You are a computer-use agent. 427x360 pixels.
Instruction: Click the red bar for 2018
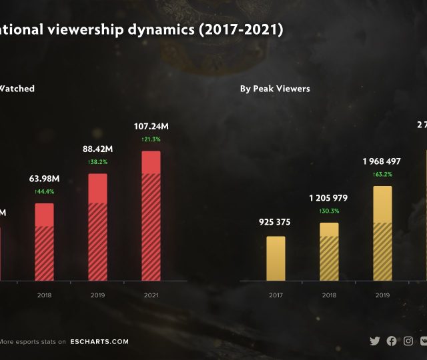tap(45, 241)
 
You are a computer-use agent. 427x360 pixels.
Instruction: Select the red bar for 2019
tap(97, 227)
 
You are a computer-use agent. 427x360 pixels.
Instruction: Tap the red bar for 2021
tap(151, 215)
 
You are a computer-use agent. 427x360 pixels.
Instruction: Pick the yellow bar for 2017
tap(276, 258)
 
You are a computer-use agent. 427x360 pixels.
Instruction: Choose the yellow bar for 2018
tap(329, 251)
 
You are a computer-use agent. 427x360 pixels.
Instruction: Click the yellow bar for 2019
tap(382, 233)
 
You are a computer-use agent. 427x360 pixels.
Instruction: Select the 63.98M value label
tap(45, 179)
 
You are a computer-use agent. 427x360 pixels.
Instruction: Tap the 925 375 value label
tap(275, 222)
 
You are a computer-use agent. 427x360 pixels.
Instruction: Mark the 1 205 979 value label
tap(329, 198)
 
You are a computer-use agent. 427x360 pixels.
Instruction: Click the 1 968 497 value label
tap(382, 161)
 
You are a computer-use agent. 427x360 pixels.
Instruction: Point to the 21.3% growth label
tap(151, 139)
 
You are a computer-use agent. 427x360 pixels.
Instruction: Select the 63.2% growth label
tap(382, 175)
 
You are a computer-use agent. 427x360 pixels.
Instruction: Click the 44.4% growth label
tap(45, 191)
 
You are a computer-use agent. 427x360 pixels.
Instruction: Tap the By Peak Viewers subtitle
tap(275, 89)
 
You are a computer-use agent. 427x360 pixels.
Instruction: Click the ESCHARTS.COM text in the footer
tap(99, 342)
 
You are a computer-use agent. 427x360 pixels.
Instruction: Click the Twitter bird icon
tap(375, 341)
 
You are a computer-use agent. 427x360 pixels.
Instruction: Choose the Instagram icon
tap(408, 341)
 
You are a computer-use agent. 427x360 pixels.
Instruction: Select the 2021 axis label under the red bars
tap(151, 295)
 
